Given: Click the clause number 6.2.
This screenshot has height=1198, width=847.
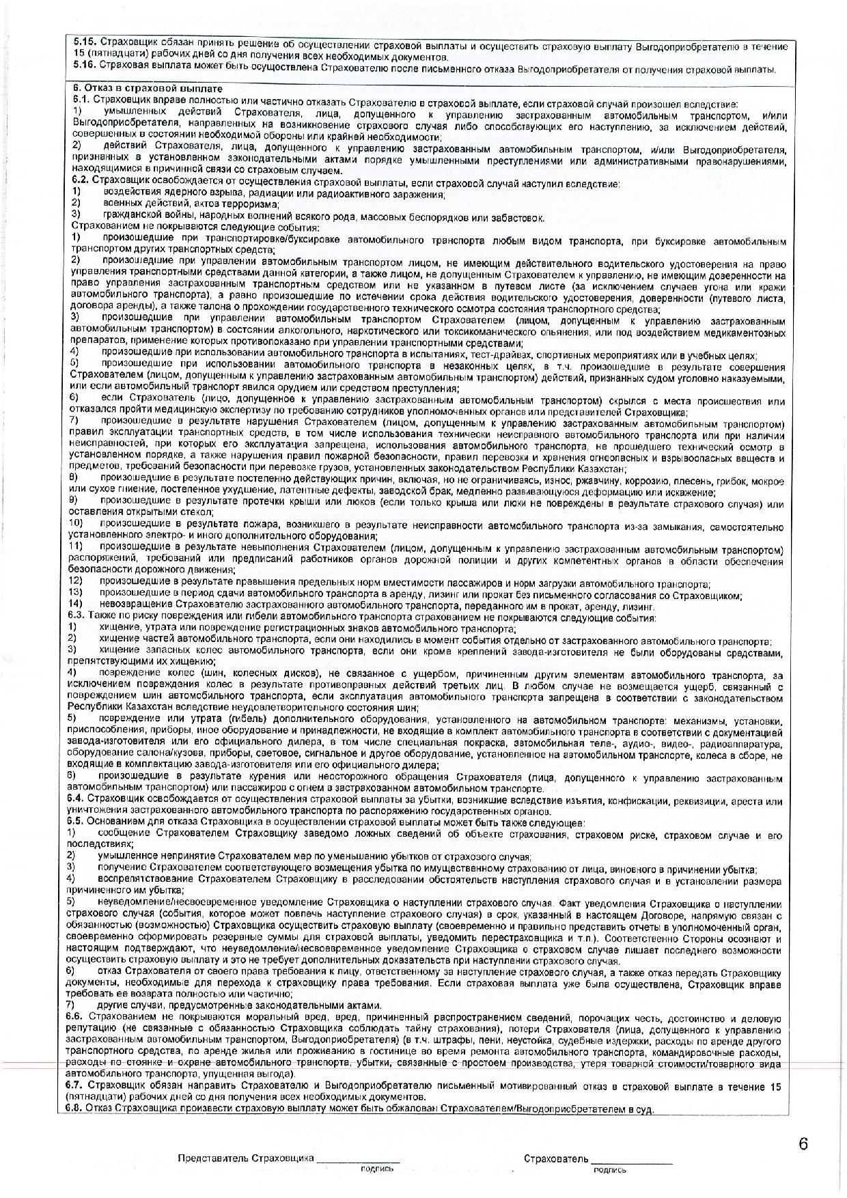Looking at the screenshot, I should pyautogui.click(x=80, y=184).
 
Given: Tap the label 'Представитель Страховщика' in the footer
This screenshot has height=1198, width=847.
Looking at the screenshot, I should pyautogui.click(x=246, y=1158).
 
